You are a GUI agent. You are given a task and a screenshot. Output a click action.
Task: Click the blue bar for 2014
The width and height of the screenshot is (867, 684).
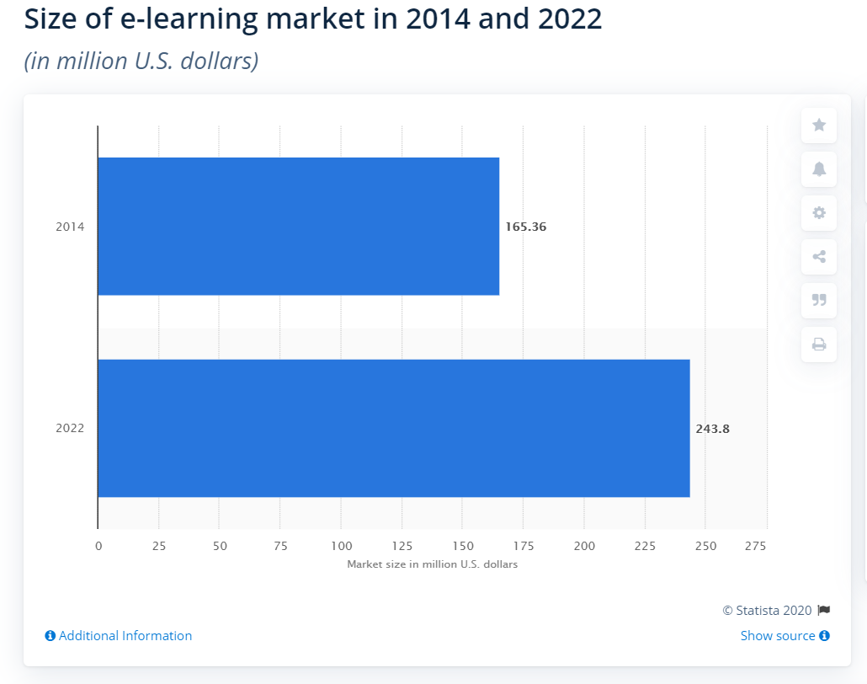298,226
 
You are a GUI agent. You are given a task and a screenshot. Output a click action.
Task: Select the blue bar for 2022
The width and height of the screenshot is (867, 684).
393,428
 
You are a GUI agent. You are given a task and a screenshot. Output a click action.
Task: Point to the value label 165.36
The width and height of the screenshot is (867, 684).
525,227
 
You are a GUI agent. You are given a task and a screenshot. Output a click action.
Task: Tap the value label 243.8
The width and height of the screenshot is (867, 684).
712,429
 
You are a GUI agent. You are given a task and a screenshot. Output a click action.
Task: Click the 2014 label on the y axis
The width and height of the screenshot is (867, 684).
70,227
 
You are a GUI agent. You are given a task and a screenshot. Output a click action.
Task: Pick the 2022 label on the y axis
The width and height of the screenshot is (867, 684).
70,429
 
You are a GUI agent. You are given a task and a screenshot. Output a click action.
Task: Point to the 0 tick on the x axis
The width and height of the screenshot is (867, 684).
98,546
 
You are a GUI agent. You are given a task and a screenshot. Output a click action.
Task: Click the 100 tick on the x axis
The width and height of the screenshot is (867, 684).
341,546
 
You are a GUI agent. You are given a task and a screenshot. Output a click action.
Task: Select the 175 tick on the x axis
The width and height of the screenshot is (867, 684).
524,546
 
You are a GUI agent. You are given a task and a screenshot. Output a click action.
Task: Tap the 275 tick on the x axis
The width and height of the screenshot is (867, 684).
756,546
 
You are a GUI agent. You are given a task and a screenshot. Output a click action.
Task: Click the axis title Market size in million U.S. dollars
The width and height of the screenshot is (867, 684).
432,564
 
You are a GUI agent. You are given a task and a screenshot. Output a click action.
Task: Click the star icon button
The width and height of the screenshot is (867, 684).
819,126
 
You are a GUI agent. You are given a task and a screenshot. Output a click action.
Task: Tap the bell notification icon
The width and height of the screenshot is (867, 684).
819,169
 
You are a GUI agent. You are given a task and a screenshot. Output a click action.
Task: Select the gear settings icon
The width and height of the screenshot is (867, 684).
819,213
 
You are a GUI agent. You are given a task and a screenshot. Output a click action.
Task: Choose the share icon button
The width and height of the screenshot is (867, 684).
819,257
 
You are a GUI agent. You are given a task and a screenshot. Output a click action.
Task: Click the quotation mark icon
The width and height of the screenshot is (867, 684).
819,301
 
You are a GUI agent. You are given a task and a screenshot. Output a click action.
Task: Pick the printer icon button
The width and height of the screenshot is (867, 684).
819,345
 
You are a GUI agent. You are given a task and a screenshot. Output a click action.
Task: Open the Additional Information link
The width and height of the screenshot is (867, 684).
119,636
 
